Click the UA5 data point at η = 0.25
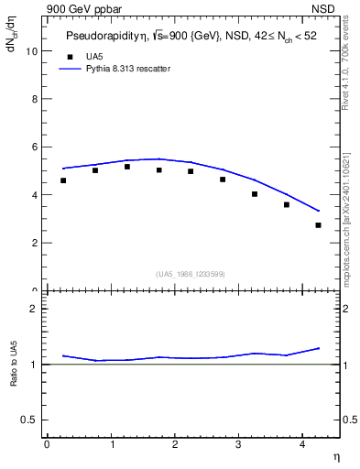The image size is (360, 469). (63, 180)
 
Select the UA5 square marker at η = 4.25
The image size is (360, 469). (318, 225)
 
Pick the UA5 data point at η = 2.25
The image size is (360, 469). (191, 171)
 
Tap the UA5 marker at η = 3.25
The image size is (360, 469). (255, 194)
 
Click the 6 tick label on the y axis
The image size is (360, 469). (34, 147)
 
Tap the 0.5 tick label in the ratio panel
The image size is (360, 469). (28, 420)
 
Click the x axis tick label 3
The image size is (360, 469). (238, 445)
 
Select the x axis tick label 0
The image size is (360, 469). (47, 445)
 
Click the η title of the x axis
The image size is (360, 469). (335, 456)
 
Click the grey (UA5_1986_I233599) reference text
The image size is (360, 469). (190, 274)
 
